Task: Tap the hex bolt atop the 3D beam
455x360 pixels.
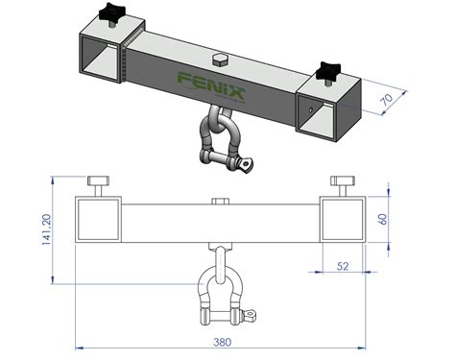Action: pos(218,60)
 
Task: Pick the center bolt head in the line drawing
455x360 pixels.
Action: pos(220,202)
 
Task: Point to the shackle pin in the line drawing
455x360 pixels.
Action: pos(224,313)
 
